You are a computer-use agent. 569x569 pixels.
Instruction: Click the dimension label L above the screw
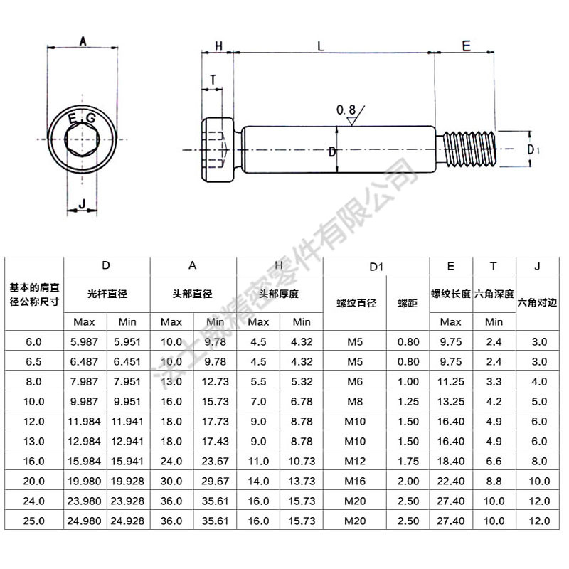(x=321, y=46)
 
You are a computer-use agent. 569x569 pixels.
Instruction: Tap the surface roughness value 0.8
(x=346, y=110)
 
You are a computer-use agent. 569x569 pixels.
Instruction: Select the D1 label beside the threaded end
(x=534, y=149)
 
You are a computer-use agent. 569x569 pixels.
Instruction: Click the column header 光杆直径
(x=107, y=293)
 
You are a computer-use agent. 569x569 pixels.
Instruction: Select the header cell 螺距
(x=408, y=302)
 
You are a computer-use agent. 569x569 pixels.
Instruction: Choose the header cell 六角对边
(x=538, y=302)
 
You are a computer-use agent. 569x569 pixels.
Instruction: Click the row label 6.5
(x=34, y=361)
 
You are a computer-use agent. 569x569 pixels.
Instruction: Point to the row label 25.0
(x=34, y=521)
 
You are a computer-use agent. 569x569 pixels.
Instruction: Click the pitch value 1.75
(x=408, y=461)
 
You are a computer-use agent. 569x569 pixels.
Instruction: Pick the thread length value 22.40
(x=451, y=481)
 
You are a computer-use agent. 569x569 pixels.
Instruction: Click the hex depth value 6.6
(x=494, y=461)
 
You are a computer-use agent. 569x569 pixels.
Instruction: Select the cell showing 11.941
(x=128, y=421)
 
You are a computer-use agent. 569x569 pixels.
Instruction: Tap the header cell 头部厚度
(x=279, y=293)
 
